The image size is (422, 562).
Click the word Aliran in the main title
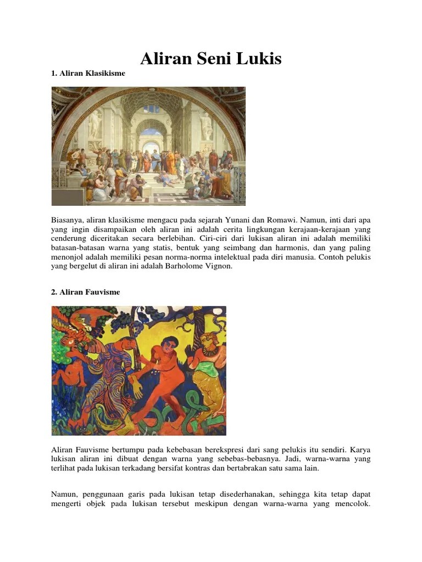164,58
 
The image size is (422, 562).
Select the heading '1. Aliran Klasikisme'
88,73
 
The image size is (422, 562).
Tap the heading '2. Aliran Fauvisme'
85,292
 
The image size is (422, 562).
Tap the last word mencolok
352,504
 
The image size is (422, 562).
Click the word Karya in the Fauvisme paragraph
359,449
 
